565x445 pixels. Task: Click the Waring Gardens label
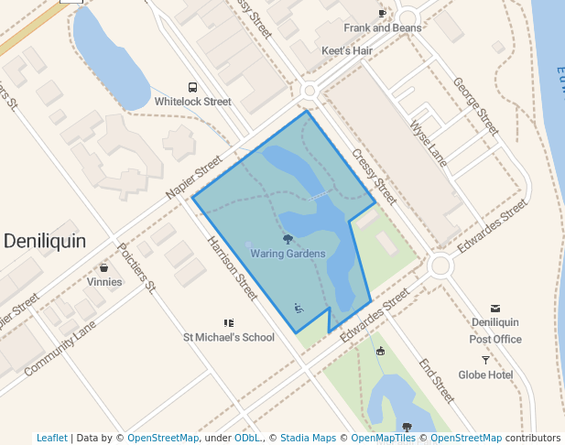(288, 254)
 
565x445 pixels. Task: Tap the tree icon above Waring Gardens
(288, 239)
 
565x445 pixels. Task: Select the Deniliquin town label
(45, 241)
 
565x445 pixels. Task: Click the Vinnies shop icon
(103, 268)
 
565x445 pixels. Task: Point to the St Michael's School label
(229, 337)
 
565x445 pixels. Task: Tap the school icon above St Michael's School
(229, 323)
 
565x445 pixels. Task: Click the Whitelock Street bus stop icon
(192, 87)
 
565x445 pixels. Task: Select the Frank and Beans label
(383, 28)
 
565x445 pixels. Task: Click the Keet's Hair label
(347, 51)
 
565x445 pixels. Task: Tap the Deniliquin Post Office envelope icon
(495, 308)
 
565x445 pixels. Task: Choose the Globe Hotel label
(485, 374)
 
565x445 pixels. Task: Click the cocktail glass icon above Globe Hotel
(485, 360)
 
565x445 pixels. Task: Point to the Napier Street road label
(194, 178)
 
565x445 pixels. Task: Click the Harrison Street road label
(233, 268)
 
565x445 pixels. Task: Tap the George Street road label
(475, 106)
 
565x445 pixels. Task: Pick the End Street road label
(437, 380)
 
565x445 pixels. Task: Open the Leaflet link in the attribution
(51, 439)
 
